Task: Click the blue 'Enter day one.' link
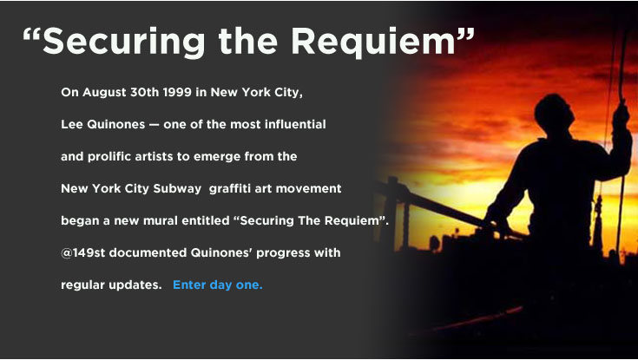[x=218, y=285]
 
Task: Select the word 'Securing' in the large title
[x=123, y=43]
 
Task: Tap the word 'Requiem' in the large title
[x=373, y=42]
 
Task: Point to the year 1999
[x=177, y=92]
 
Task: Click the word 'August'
[x=104, y=93]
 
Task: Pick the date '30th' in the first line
[x=144, y=92]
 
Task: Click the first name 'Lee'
[x=72, y=124]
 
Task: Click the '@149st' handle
[x=83, y=252]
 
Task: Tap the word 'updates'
[x=135, y=285]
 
